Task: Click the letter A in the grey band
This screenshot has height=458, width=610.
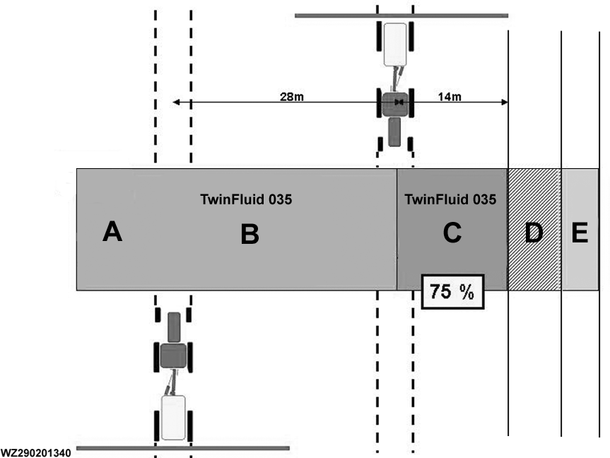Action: click(112, 231)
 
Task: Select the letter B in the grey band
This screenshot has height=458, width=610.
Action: click(250, 235)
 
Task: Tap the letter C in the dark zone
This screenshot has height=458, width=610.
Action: click(452, 232)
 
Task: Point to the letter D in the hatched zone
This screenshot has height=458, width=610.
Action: click(534, 233)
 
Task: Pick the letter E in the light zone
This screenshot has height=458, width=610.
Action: click(580, 233)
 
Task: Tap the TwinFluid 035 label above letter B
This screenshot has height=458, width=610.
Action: click(246, 199)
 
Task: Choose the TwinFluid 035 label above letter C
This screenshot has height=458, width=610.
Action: click(451, 199)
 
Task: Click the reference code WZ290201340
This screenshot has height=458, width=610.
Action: click(36, 452)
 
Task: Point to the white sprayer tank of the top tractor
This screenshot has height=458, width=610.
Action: click(396, 45)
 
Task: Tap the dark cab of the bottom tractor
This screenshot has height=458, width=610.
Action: click(173, 355)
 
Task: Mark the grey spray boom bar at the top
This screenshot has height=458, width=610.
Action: click(401, 15)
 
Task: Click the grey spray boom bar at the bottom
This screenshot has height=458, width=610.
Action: click(182, 448)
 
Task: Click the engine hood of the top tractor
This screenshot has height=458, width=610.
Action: click(395, 131)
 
